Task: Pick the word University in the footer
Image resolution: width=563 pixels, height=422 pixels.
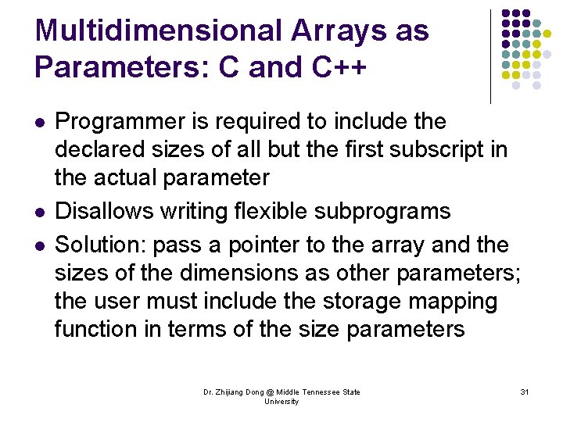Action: [x=281, y=402]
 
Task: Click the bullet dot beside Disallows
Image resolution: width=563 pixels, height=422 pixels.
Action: [x=40, y=213]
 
